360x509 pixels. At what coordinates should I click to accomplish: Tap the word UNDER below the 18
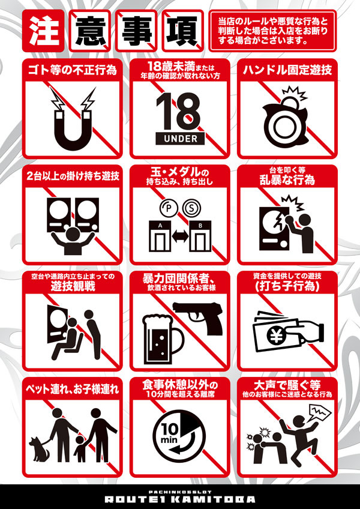tap(180, 139)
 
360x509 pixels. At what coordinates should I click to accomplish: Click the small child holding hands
tap(80, 448)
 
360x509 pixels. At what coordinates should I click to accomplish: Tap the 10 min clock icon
tap(180, 435)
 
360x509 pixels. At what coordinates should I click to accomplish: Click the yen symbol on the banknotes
tap(275, 337)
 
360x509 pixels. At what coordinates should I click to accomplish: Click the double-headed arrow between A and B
tap(180, 236)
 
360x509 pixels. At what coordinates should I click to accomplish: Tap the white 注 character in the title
tap(43, 31)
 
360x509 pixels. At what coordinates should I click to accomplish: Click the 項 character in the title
tap(182, 31)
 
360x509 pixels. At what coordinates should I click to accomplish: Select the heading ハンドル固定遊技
tap(287, 70)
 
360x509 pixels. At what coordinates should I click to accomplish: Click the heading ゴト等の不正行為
tap(73, 70)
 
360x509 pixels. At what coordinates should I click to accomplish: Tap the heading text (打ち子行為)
tap(287, 287)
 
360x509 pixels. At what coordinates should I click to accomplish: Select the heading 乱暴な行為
tap(287, 179)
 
